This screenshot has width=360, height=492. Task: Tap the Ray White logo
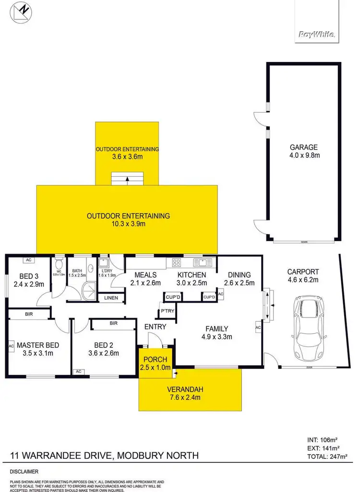(317, 35)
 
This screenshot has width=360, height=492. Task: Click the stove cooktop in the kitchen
(176, 262)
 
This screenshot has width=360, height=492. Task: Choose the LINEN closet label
(111, 298)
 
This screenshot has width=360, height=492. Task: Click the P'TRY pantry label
(167, 310)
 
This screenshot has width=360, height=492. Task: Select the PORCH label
(155, 359)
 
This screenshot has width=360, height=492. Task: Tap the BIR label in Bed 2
(113, 323)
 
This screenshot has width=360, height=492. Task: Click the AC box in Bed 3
(28, 260)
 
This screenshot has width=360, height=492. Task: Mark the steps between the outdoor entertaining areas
(127, 178)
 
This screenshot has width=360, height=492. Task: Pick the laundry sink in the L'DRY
(103, 263)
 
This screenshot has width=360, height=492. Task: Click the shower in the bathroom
(88, 291)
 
